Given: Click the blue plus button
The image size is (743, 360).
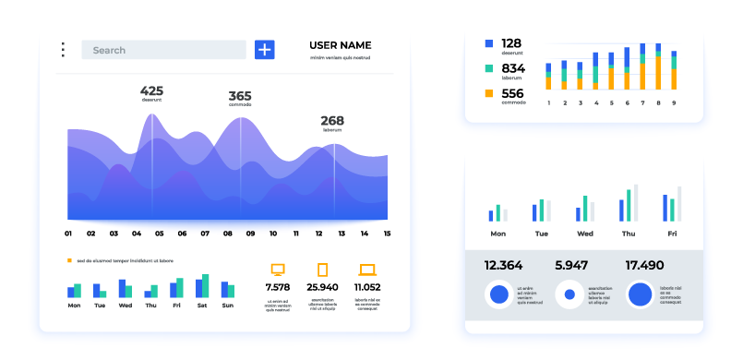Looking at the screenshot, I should click(265, 50).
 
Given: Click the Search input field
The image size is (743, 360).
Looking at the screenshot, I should click(163, 50).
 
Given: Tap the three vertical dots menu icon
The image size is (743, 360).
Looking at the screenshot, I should click(63, 50).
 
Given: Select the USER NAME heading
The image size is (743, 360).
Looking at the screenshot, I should click(340, 45).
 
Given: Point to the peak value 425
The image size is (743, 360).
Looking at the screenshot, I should click(151, 90).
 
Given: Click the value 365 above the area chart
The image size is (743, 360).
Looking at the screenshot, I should click(240, 96).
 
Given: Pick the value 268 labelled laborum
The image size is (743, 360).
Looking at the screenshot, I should click(332, 121).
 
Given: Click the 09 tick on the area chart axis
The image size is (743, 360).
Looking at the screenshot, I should click(250, 234).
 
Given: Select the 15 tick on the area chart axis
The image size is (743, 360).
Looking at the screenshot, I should click(387, 234).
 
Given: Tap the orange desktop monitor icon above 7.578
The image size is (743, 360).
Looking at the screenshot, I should click(278, 270).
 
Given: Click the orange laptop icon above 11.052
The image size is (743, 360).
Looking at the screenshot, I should click(367, 270).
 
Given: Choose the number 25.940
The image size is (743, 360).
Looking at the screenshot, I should click(322, 287).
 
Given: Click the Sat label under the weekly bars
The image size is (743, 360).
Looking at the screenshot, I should click(202, 305).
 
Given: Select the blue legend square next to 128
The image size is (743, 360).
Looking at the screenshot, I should click(488, 43).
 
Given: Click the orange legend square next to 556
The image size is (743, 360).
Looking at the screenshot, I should click(488, 93).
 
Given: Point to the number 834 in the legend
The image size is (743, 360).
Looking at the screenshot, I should click(512, 68).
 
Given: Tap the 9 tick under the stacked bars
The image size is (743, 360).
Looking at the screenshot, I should click(674, 102).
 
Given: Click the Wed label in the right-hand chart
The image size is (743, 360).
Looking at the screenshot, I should click(584, 234).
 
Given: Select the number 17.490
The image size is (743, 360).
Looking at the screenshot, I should click(644, 265).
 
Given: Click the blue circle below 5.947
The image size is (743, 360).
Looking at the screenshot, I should click(569, 294).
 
